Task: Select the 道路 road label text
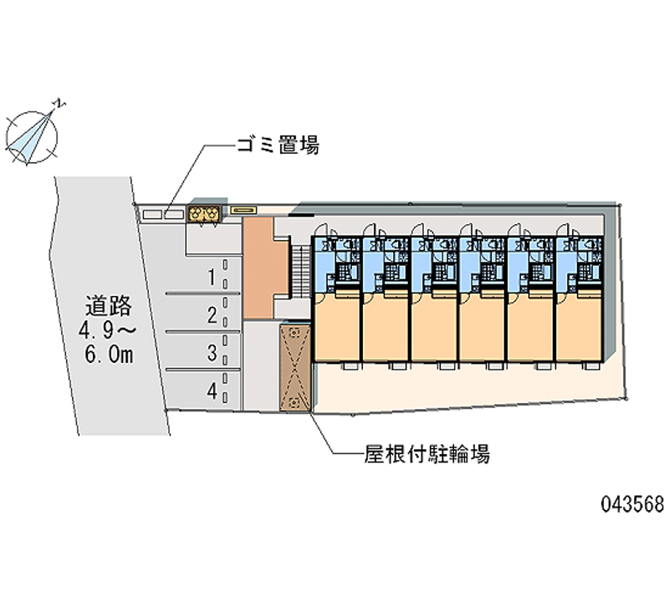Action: [104, 305]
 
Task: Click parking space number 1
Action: [213, 277]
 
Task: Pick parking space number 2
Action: [213, 315]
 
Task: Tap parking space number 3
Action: [213, 353]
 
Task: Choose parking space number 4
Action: [213, 390]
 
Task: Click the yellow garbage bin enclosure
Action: [204, 214]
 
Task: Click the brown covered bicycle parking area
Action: [294, 368]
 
